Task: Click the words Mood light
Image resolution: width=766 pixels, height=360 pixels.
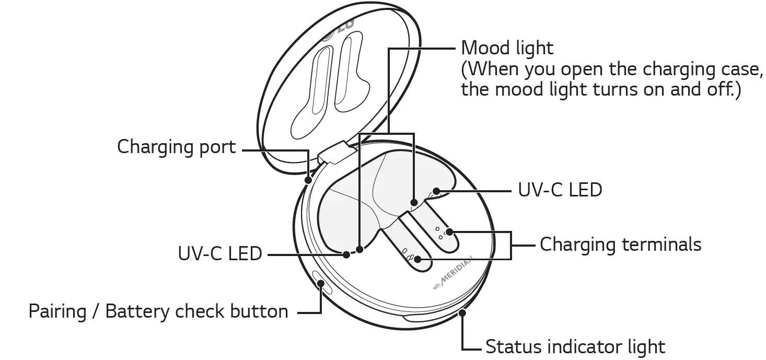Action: coord(507,48)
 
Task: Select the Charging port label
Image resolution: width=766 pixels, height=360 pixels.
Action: coord(177,147)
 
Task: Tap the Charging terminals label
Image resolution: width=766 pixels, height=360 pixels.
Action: coord(620,244)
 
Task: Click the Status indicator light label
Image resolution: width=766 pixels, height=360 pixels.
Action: coord(575,347)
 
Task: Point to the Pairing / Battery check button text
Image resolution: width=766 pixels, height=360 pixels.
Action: coord(158,311)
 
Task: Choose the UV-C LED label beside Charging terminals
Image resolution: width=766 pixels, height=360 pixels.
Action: coord(560,190)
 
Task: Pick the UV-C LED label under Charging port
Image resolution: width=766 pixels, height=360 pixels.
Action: coord(220,254)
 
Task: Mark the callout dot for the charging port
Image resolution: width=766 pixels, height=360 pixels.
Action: coord(308,180)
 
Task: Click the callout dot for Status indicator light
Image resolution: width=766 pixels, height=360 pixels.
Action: coord(461,312)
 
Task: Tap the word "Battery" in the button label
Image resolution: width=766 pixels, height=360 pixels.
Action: coord(138,311)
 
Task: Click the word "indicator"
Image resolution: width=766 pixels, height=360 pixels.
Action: coord(582,347)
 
